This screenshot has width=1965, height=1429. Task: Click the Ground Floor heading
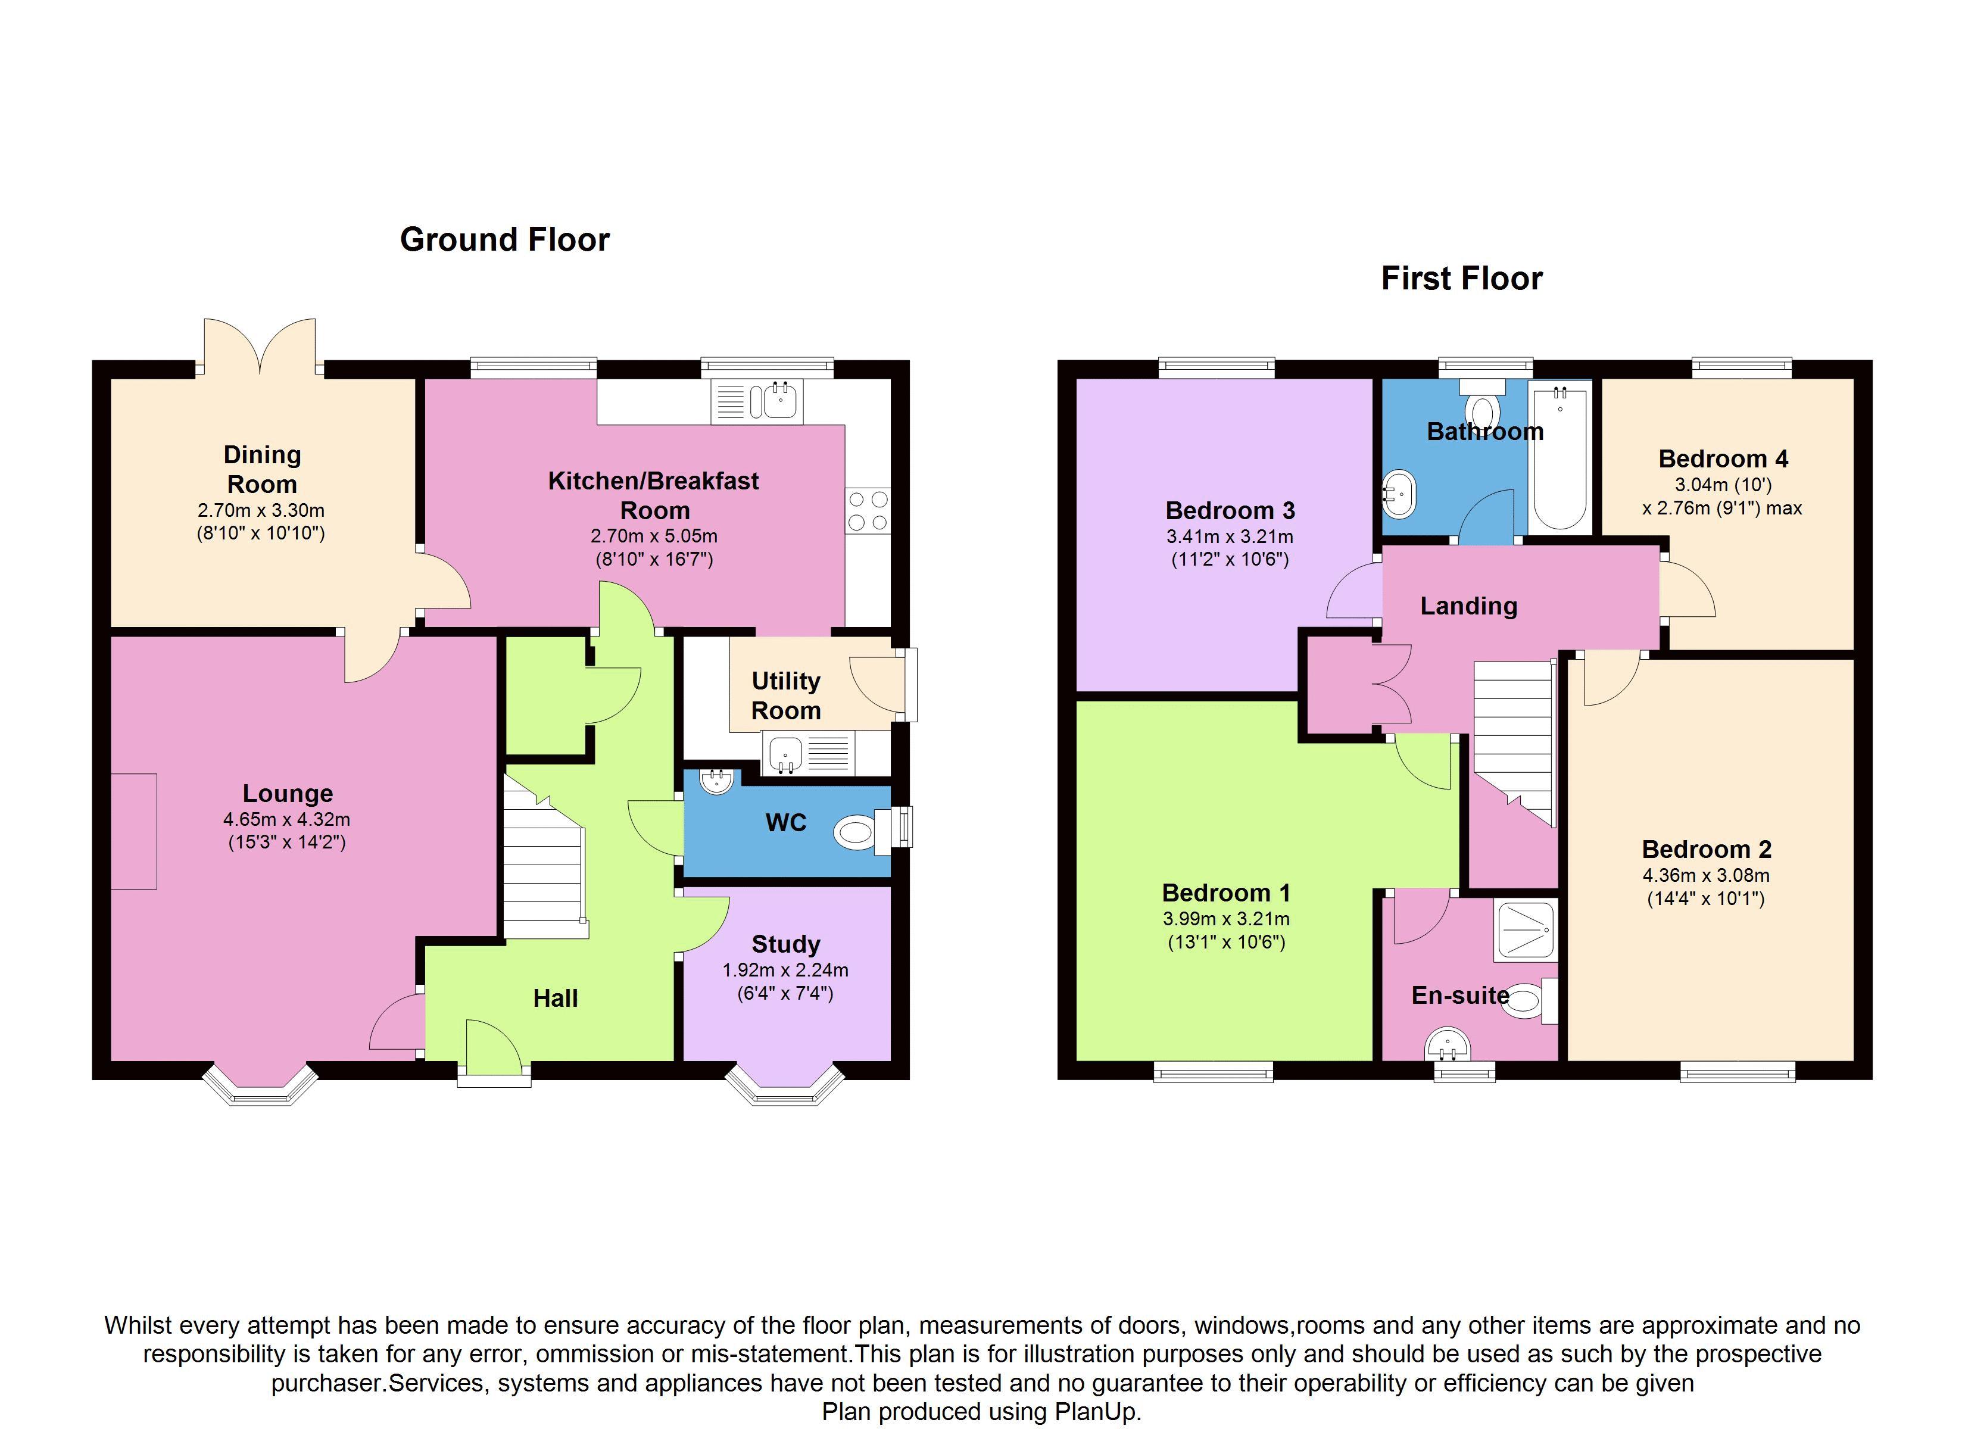coord(504,240)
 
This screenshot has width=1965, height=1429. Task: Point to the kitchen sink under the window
coord(757,401)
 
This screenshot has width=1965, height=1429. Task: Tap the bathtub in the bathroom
coord(1561,457)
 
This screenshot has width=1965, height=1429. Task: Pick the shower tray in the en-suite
coord(1526,930)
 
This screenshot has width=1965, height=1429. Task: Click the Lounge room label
coord(288,794)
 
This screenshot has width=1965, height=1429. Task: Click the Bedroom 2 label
coord(1706,849)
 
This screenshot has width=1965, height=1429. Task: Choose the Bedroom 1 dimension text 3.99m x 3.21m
coord(1226,919)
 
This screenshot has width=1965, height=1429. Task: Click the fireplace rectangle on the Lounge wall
coord(133,831)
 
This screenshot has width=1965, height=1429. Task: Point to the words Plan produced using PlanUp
coord(982,1412)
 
